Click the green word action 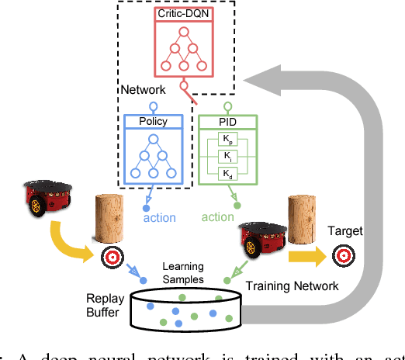point(217,217)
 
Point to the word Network point(142,91)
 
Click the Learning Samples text point(183,272)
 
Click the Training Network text point(291,286)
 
